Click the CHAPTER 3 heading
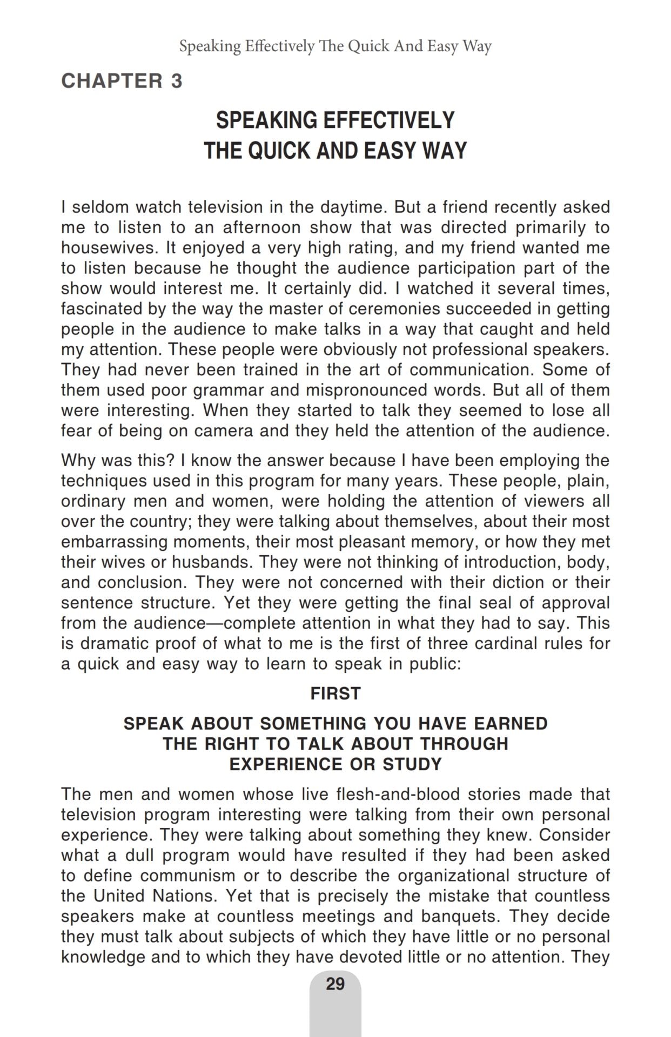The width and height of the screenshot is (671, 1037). pos(122,81)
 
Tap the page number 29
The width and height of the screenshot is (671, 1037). pos(335,984)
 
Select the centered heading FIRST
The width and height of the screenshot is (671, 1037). pos(335,693)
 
